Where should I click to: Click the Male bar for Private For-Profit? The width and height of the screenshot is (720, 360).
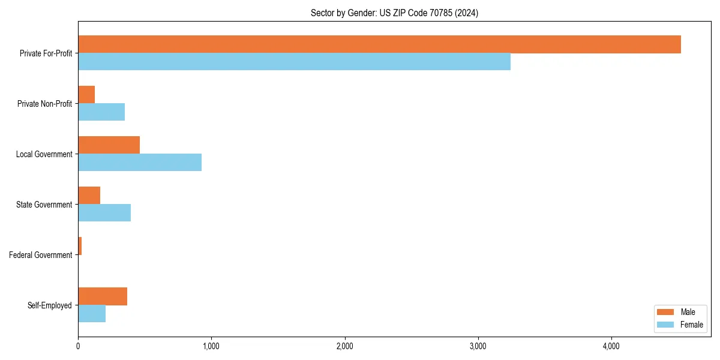click(379, 44)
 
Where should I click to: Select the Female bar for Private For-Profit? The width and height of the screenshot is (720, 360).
click(294, 62)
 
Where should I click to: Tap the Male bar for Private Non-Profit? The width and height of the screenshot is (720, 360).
click(86, 95)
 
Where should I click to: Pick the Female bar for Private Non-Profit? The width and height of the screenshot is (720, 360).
click(101, 112)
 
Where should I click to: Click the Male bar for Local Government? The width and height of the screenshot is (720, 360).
click(109, 145)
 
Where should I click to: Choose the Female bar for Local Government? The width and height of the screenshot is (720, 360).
click(140, 163)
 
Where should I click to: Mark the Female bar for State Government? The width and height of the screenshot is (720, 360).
click(104, 213)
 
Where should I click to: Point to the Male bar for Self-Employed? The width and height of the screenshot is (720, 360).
click(103, 296)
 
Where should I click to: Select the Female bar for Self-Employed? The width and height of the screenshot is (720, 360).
click(92, 314)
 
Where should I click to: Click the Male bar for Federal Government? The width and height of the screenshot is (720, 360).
click(80, 246)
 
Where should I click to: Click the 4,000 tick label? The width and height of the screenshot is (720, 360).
click(611, 346)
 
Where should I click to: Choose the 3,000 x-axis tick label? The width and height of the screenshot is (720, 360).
click(478, 346)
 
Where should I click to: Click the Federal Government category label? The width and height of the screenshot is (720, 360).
click(41, 255)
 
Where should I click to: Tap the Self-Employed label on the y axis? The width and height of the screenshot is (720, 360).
click(50, 305)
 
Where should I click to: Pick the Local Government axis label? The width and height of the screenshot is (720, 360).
click(44, 154)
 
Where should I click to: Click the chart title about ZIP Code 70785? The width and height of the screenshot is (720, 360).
click(394, 13)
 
